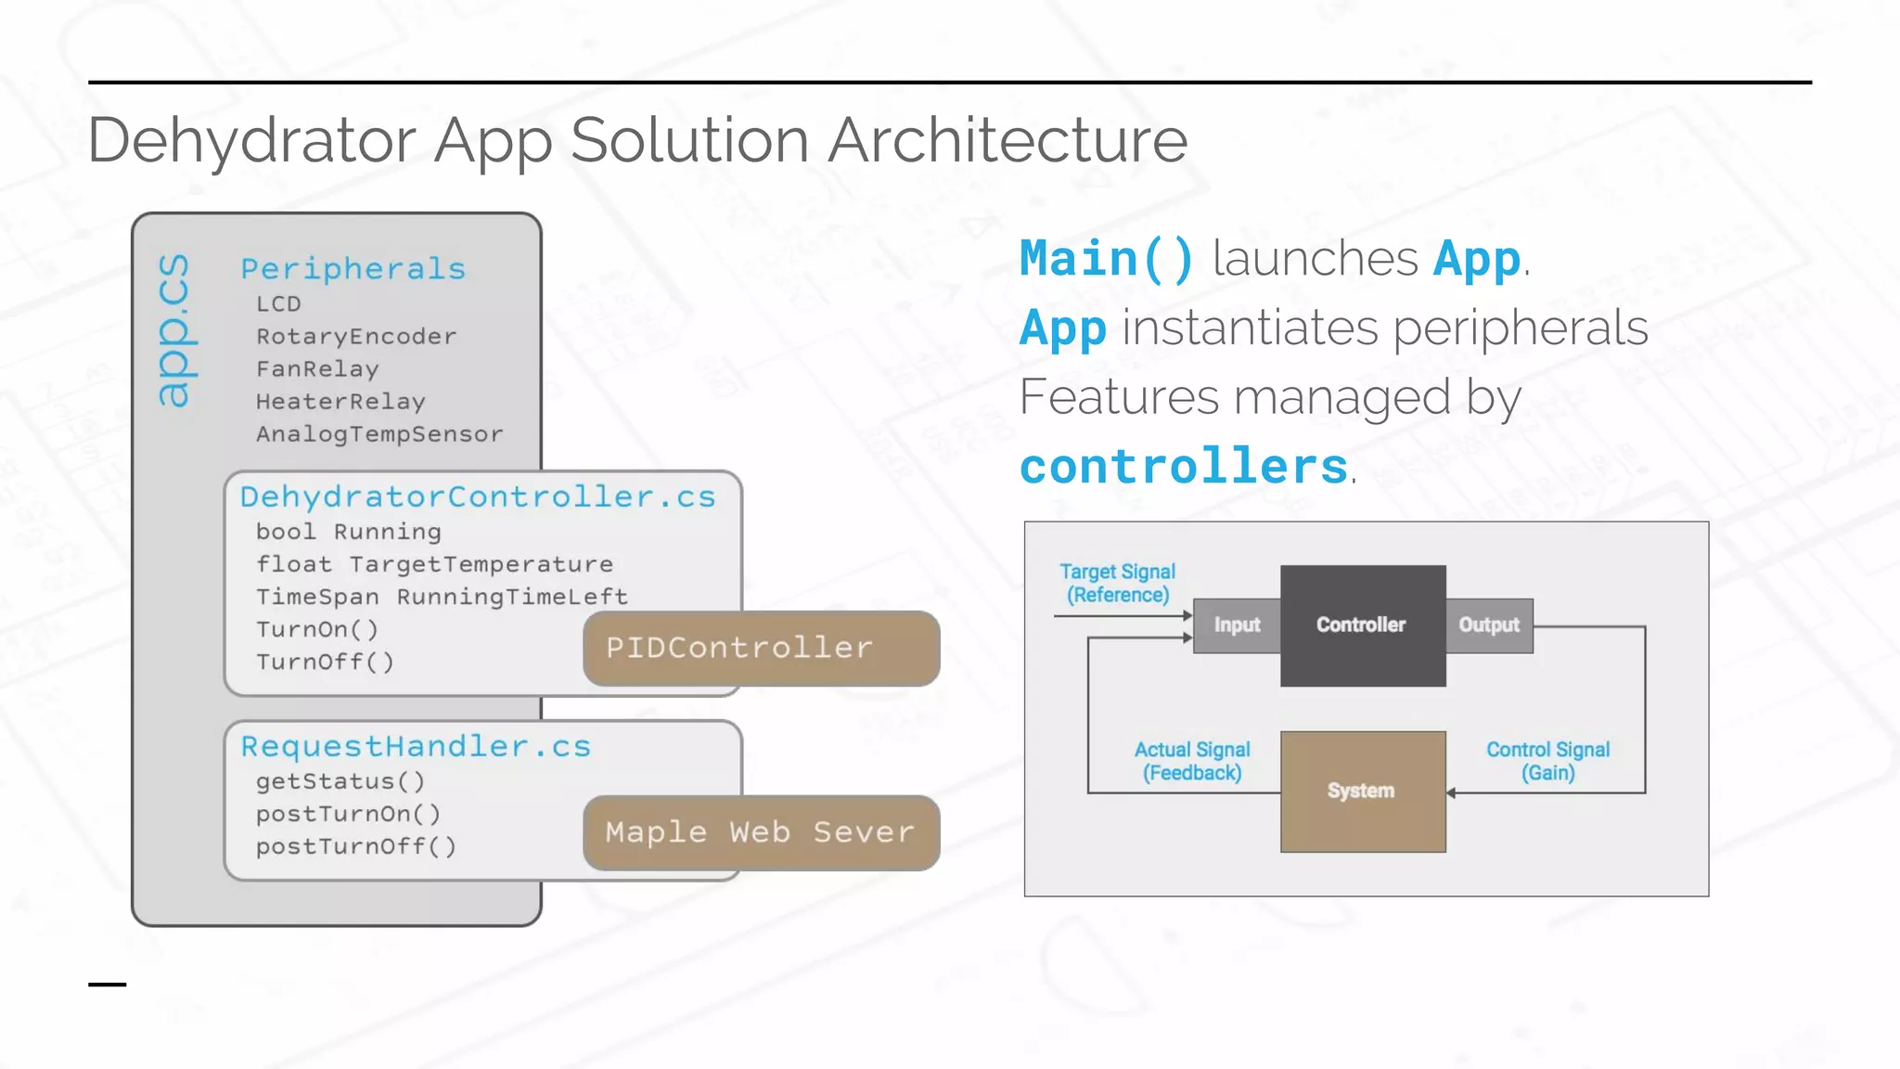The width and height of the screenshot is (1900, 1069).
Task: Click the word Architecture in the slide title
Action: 1007,141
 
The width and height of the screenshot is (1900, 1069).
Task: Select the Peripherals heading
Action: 353,269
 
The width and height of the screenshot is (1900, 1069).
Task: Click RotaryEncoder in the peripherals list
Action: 356,336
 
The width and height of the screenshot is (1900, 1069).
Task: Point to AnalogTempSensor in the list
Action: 379,433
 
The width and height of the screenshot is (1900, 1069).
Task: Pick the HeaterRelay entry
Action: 340,401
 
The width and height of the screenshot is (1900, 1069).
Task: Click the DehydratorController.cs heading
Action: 478,496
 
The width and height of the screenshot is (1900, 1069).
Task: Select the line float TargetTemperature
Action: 434,563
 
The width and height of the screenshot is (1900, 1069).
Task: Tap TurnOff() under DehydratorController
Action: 325,662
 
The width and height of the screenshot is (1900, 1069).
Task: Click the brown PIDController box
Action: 761,648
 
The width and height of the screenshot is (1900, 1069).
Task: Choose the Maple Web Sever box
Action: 761,832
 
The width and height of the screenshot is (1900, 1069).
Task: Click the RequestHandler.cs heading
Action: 416,746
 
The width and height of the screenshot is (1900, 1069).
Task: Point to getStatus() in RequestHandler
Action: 340,781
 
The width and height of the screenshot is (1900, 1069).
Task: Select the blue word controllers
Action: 1184,466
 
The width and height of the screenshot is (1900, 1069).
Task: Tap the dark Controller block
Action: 1362,625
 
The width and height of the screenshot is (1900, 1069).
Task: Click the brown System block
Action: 1362,791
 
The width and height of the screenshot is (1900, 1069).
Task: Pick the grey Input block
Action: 1237,625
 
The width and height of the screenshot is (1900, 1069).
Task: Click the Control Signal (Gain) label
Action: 1547,761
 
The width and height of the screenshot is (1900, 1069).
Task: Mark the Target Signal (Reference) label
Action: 1117,583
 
